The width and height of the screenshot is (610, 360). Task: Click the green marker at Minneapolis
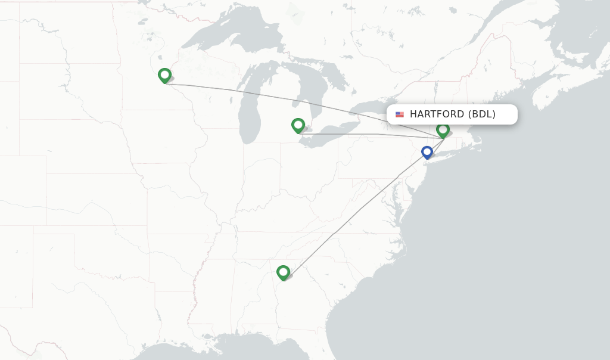pyautogui.click(x=165, y=76)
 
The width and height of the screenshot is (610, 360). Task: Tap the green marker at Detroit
pyautogui.click(x=298, y=125)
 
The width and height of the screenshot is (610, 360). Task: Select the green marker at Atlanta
pyautogui.click(x=283, y=272)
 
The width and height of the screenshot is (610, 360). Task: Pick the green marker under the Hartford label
pyautogui.click(x=443, y=129)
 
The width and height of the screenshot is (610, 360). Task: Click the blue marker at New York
pyautogui.click(x=427, y=153)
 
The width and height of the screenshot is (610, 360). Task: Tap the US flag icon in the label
pyautogui.click(x=399, y=114)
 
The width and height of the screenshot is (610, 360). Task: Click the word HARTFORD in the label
pyautogui.click(x=437, y=114)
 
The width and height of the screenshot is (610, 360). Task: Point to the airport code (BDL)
pyautogui.click(x=482, y=114)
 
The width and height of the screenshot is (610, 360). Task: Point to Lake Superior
pyautogui.click(x=238, y=42)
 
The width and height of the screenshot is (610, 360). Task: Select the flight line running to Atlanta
pyautogui.click(x=357, y=209)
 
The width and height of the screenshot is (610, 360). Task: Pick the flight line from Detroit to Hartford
pyautogui.click(x=369, y=135)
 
